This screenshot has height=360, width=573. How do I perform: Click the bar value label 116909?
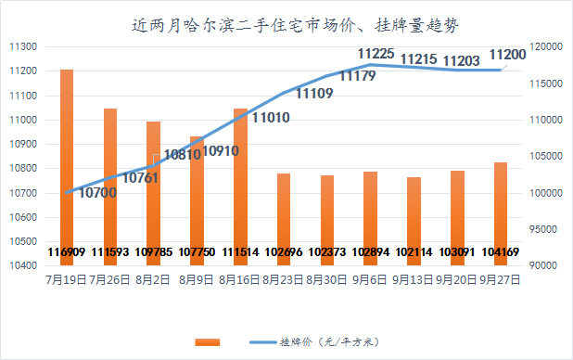pyautogui.click(x=67, y=251)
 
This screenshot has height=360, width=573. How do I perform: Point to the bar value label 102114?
pyautogui.click(x=414, y=251)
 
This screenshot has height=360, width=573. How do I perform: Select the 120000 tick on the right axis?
pyautogui.click(x=546, y=46)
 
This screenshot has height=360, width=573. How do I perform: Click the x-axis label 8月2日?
pyautogui.click(x=154, y=277)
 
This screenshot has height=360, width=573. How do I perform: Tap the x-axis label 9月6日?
pyautogui.click(x=371, y=277)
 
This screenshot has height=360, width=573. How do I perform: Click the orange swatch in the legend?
pyautogui.click(x=208, y=342)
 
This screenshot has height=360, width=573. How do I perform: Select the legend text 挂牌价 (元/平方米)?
pyautogui.click(x=329, y=342)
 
